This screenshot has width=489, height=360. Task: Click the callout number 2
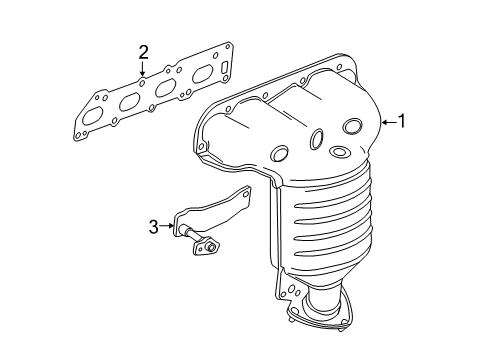pyautogui.click(x=143, y=52)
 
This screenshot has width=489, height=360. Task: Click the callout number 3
pyautogui.click(x=154, y=227)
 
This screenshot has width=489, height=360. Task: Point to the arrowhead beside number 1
pyautogui.click(x=385, y=123)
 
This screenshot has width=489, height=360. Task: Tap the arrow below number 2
pyautogui.click(x=143, y=70)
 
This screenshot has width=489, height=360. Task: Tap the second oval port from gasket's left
pyautogui.click(x=130, y=100)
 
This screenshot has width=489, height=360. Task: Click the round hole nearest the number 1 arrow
pyautogui.click(x=352, y=126)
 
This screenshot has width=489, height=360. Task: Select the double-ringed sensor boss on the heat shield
pyautogui.click(x=339, y=152)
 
